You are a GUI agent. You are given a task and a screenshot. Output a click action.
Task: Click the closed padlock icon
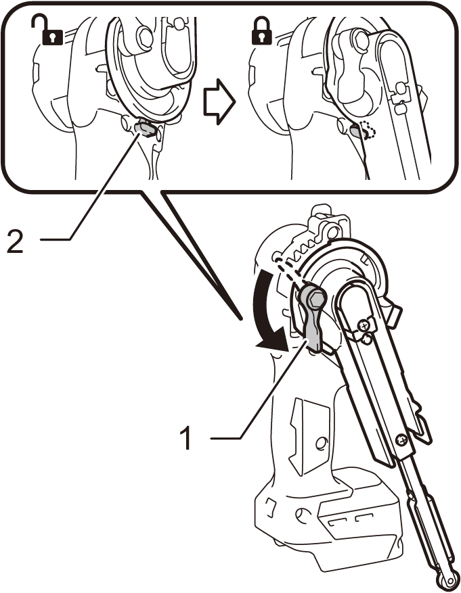coord(260,30)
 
